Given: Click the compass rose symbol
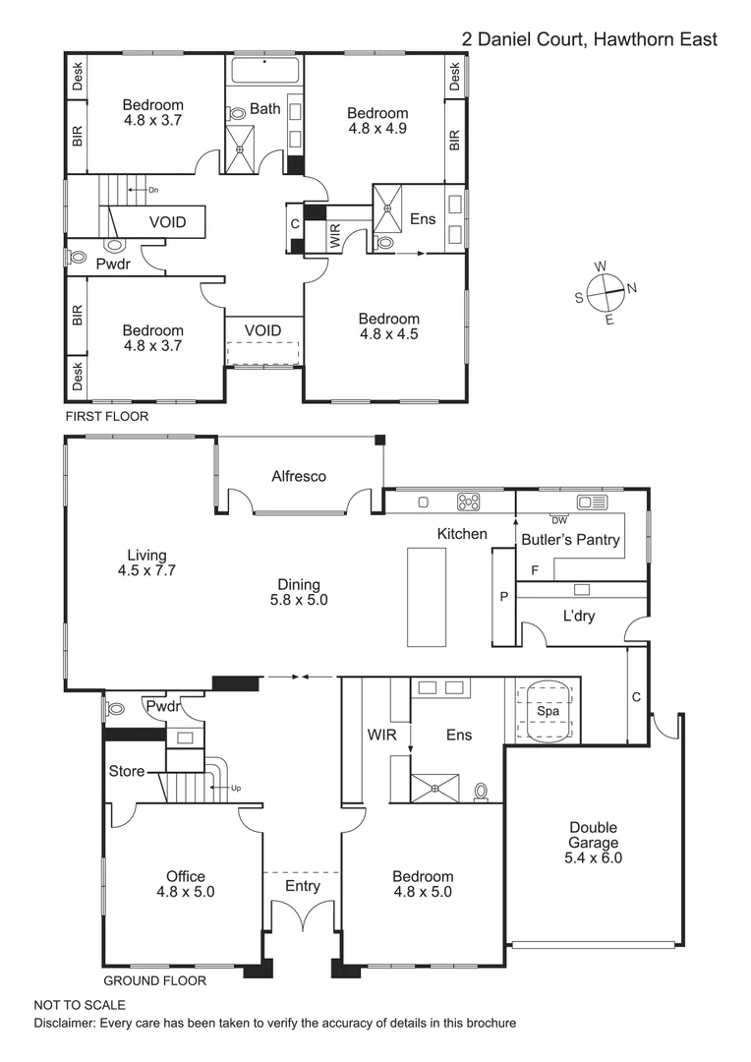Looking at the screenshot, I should [606, 291].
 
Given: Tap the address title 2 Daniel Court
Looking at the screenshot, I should [590, 39].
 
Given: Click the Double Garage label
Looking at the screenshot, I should [594, 842].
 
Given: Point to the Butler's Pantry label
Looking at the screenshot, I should [570, 539].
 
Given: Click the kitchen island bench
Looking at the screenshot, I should [427, 596].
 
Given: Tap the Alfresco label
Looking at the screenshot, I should [299, 476].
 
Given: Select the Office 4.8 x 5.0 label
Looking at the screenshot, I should [185, 884].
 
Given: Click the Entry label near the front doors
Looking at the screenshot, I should [302, 886].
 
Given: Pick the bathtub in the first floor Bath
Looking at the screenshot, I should [266, 73].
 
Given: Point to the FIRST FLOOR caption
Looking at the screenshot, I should [106, 417].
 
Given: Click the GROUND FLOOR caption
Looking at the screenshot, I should [154, 980].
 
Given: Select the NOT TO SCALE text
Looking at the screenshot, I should [80, 1005].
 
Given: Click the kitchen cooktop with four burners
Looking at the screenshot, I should [469, 501].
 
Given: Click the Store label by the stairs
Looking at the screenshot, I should [127, 771].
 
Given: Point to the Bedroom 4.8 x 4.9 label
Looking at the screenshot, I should [377, 120].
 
